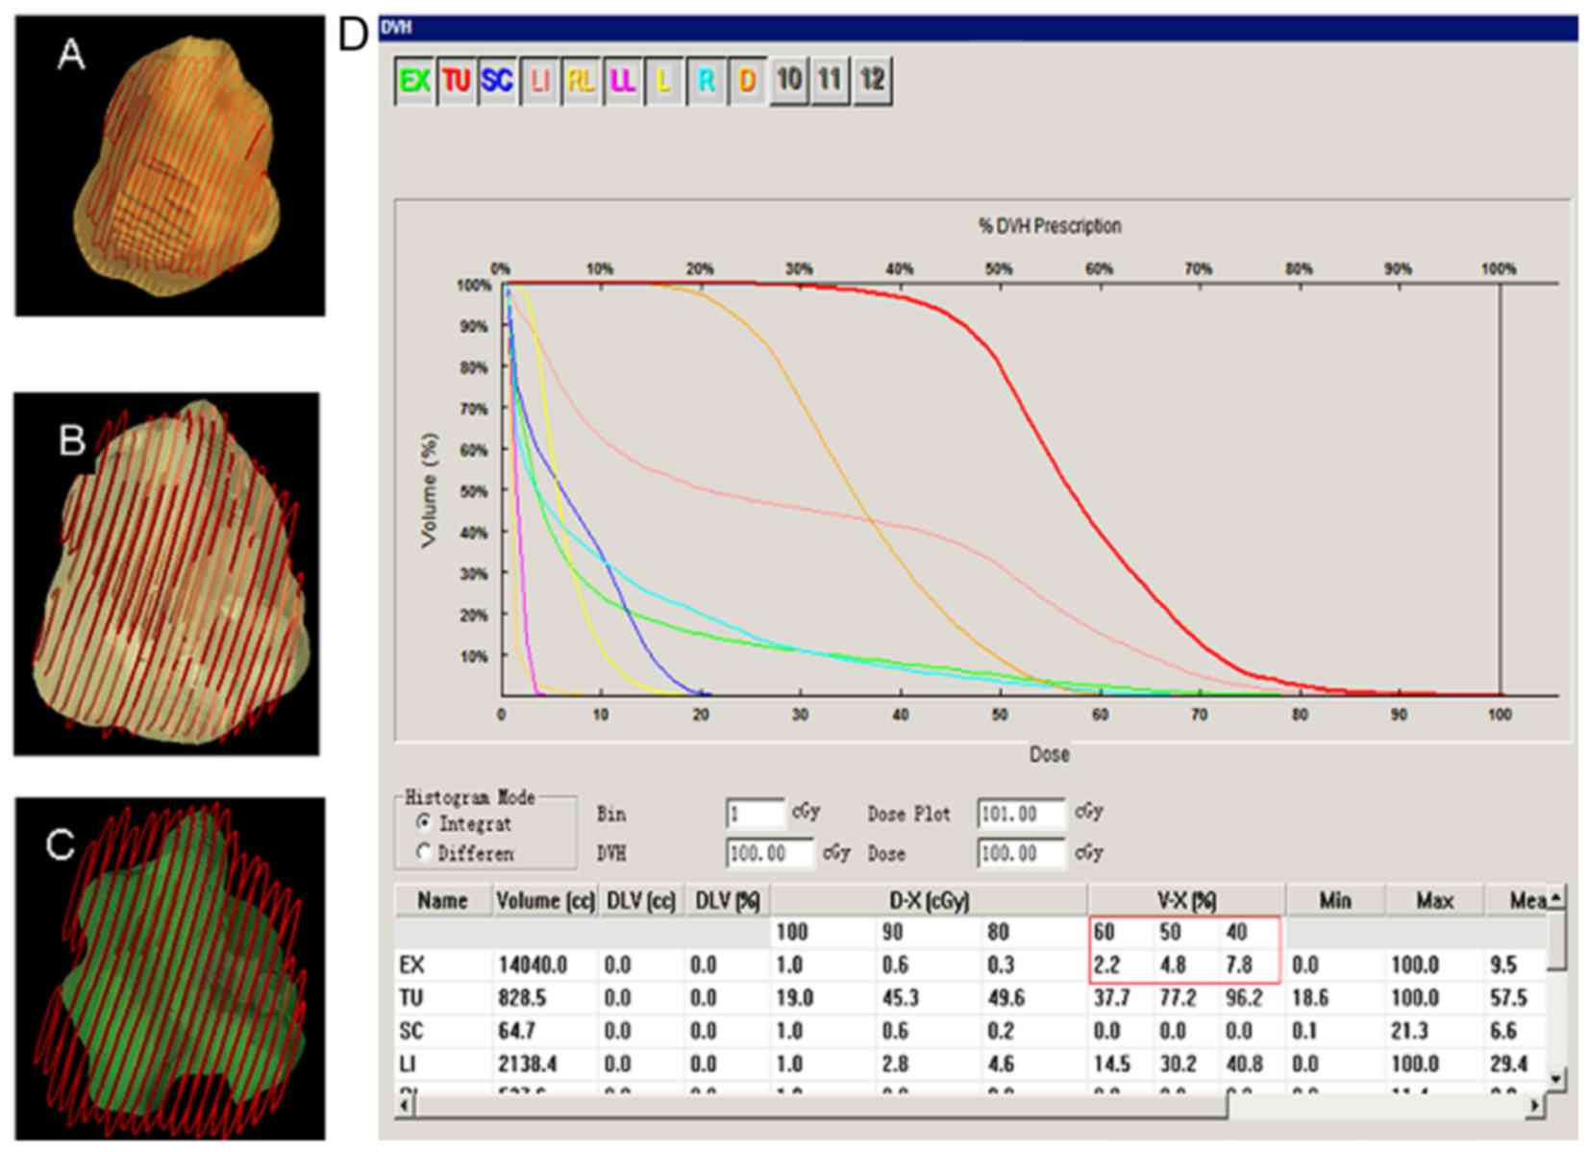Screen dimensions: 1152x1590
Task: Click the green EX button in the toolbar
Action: [x=414, y=81]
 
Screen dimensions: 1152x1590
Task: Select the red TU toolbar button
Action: [x=456, y=81]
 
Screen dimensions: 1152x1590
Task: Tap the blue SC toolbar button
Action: [x=497, y=81]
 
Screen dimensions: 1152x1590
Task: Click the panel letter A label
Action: [x=71, y=54]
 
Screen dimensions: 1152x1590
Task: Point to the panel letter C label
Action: [x=60, y=844]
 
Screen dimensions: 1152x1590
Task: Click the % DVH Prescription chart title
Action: [x=1049, y=226]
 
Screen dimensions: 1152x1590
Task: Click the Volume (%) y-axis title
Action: [x=429, y=489]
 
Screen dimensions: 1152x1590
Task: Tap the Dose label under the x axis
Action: [x=1049, y=754]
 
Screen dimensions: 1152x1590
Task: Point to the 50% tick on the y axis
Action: [x=474, y=491]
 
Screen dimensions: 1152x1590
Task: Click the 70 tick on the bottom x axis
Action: [x=1199, y=714]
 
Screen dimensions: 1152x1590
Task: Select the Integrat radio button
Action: [x=423, y=823]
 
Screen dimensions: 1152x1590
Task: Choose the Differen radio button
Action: [x=423, y=852]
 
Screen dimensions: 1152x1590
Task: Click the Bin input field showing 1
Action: [x=755, y=814]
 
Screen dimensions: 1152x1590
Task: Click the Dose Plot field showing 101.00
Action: [x=1020, y=814]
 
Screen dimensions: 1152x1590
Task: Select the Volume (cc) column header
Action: [x=545, y=901]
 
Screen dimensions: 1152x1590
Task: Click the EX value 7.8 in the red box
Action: [x=1239, y=964]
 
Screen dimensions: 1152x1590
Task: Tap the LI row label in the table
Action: [x=408, y=1064]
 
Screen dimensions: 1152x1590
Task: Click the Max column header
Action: [x=1433, y=901]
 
